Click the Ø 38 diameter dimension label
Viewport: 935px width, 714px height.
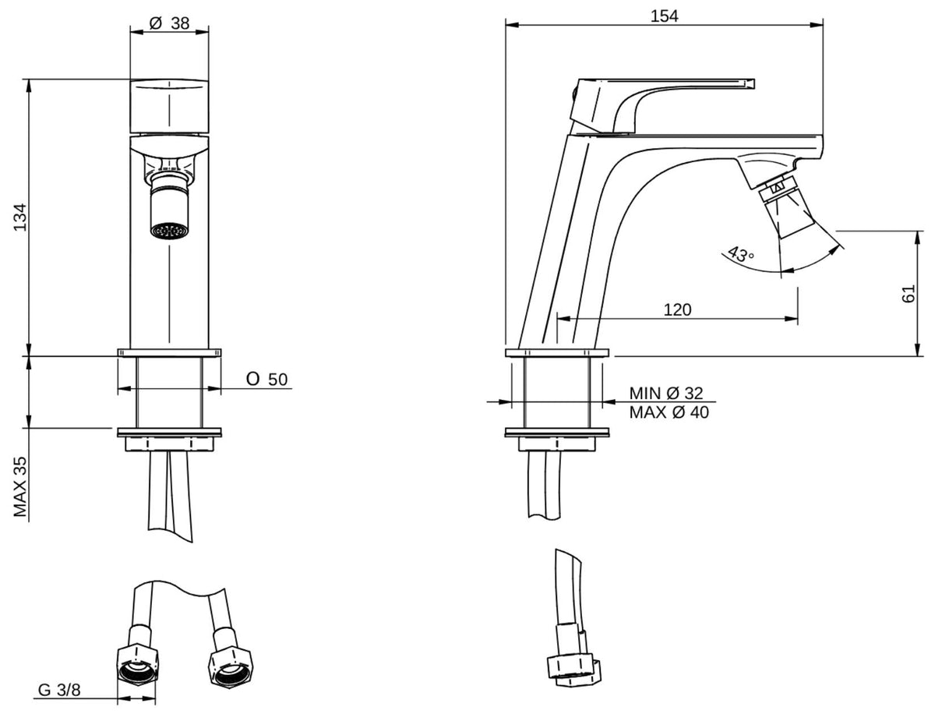(x=169, y=23)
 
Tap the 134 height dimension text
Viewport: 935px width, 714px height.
(x=20, y=217)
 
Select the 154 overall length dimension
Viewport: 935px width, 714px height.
(x=664, y=16)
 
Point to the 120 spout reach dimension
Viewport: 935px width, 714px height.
(x=677, y=309)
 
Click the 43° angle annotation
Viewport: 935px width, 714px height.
(x=741, y=254)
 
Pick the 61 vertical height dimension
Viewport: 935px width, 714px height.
(x=909, y=293)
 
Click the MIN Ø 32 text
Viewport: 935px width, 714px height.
(x=665, y=393)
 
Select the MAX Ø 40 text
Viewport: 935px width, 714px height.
(x=669, y=412)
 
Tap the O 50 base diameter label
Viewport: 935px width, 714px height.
(x=267, y=379)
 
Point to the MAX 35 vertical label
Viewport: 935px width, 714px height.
(x=20, y=487)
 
